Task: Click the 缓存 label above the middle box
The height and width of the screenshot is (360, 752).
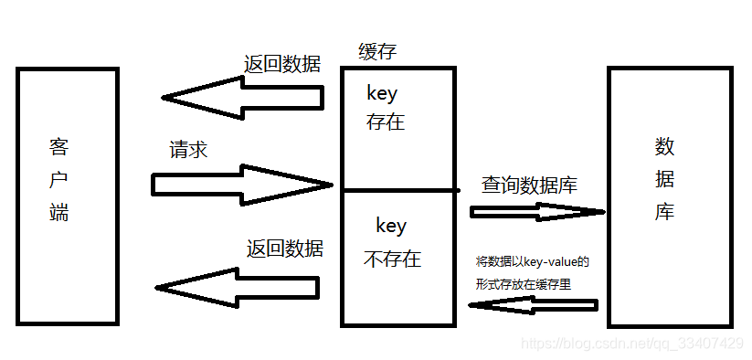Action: [377, 52]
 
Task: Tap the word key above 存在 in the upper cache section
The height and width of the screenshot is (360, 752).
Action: [382, 93]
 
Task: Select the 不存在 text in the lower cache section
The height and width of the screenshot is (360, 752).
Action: [392, 259]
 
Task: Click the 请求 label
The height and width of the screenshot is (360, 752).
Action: [188, 151]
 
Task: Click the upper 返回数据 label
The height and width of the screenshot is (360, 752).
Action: [282, 64]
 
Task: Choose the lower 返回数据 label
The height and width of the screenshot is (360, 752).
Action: [284, 248]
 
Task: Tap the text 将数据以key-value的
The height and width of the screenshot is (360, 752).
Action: [532, 261]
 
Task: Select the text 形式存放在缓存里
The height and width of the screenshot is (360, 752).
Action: [522, 284]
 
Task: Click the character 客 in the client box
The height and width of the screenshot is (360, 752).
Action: [58, 147]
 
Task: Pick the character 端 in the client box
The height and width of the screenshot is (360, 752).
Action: [58, 213]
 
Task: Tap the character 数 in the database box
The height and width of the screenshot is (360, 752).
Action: [664, 146]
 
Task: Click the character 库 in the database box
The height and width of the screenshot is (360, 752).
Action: [664, 212]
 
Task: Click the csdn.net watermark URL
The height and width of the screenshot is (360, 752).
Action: [630, 344]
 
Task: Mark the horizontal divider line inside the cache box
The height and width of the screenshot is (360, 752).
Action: [398, 190]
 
